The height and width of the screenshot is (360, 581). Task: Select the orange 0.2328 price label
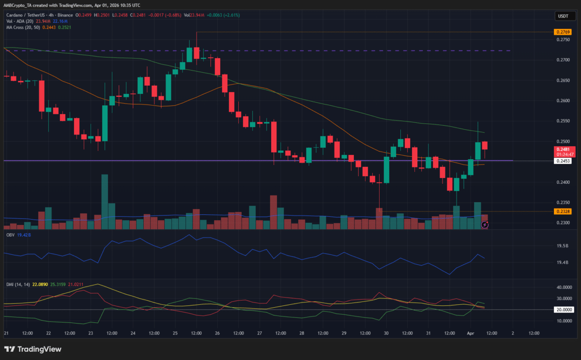click(x=562, y=211)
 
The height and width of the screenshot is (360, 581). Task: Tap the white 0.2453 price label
click(x=562, y=161)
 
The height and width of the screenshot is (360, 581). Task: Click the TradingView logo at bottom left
click(x=33, y=349)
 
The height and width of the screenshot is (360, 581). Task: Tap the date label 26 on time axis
click(x=217, y=333)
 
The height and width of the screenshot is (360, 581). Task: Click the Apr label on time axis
click(x=470, y=333)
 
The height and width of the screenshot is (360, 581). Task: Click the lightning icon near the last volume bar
click(x=485, y=225)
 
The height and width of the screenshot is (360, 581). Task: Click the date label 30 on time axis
click(x=386, y=333)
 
